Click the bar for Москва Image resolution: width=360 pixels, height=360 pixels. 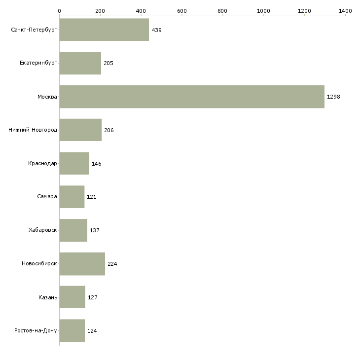click(x=192, y=97)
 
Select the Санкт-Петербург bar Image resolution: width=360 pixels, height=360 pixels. click(x=104, y=30)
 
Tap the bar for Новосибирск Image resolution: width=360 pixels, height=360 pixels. click(x=82, y=264)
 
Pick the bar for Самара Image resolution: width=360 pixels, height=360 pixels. click(x=72, y=197)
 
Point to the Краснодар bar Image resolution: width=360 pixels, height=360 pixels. click(x=74, y=163)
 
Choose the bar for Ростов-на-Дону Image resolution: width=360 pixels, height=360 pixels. click(x=72, y=330)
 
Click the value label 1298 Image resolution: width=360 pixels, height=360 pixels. click(x=333, y=97)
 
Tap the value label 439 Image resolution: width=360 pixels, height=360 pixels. click(x=157, y=30)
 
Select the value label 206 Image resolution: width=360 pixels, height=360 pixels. click(x=109, y=130)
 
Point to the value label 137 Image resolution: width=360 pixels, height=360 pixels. click(x=95, y=230)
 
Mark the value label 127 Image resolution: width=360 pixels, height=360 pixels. click(x=93, y=297)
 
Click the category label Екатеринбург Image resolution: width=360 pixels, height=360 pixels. click(x=38, y=63)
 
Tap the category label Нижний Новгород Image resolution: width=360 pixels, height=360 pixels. click(x=33, y=130)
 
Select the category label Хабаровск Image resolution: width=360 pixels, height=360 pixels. click(x=43, y=230)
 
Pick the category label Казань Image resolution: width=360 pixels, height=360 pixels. click(x=48, y=297)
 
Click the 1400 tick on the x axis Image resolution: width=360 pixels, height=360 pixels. click(x=345, y=10)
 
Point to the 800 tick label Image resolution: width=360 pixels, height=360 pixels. click(x=222, y=10)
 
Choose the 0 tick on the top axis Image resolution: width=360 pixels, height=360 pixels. click(x=59, y=10)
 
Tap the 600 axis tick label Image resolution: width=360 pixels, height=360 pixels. click(x=181, y=10)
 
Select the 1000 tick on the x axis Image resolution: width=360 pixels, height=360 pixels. click(x=263, y=10)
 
